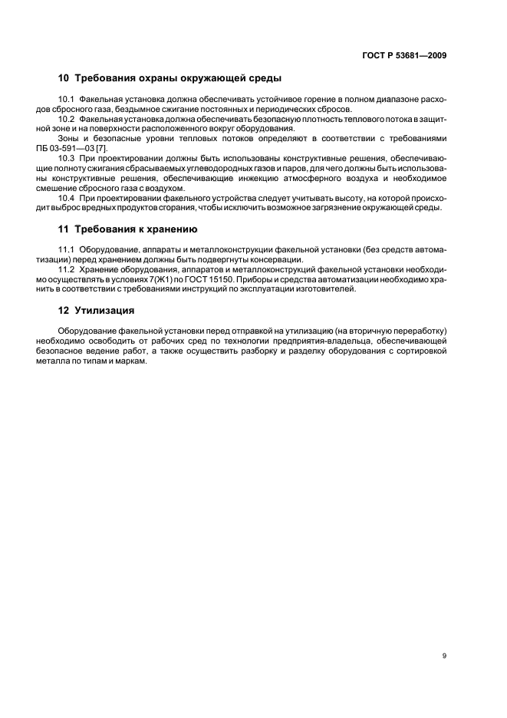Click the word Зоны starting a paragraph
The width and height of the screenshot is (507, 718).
pos(71,138)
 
